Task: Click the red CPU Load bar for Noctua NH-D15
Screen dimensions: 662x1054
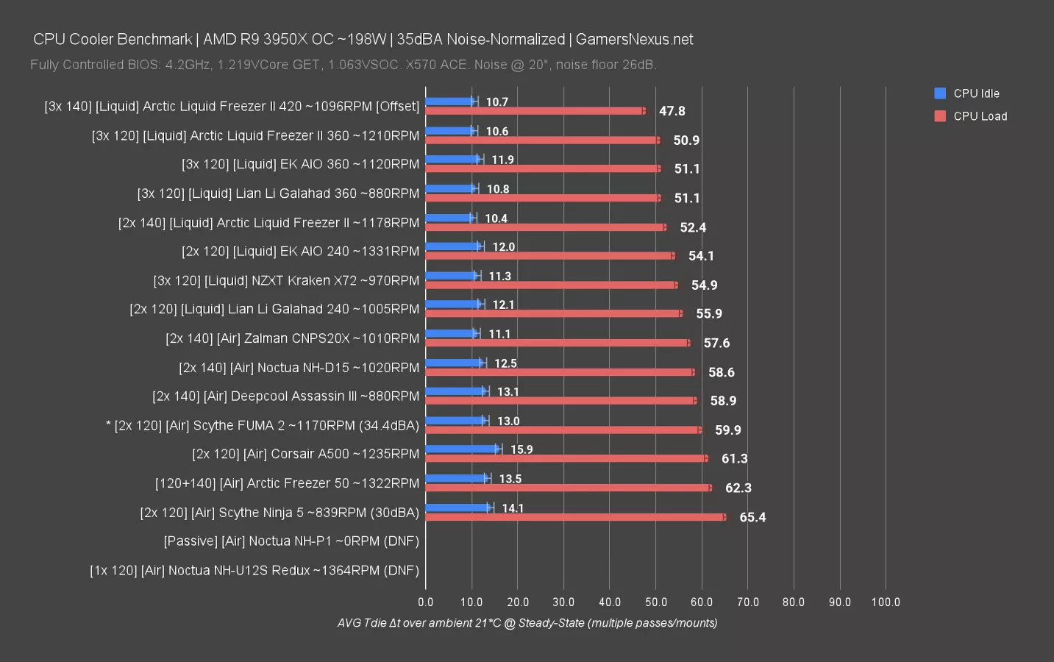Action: (559, 372)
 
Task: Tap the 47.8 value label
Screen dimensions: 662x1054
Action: (672, 111)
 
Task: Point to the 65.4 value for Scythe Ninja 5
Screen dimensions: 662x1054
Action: (752, 517)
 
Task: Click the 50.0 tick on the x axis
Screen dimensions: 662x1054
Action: (656, 602)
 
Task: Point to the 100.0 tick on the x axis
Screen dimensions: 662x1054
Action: (886, 602)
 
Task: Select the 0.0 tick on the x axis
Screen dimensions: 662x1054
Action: (426, 602)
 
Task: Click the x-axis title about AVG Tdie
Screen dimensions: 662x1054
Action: (527, 623)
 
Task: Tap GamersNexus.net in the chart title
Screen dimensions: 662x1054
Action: (634, 39)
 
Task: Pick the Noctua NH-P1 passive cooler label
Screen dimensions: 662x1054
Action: (291, 541)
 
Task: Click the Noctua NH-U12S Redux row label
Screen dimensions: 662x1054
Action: (254, 570)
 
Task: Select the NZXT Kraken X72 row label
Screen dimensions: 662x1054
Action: (286, 280)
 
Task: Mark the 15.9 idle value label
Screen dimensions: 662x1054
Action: (521, 449)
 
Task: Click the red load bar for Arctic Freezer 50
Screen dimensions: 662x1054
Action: (568, 488)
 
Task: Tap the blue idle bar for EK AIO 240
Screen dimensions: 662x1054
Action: (452, 246)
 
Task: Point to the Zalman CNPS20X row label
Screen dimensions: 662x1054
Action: (292, 338)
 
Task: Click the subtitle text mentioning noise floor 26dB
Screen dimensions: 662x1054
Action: (343, 65)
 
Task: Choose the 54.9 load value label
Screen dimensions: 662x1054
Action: (704, 285)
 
